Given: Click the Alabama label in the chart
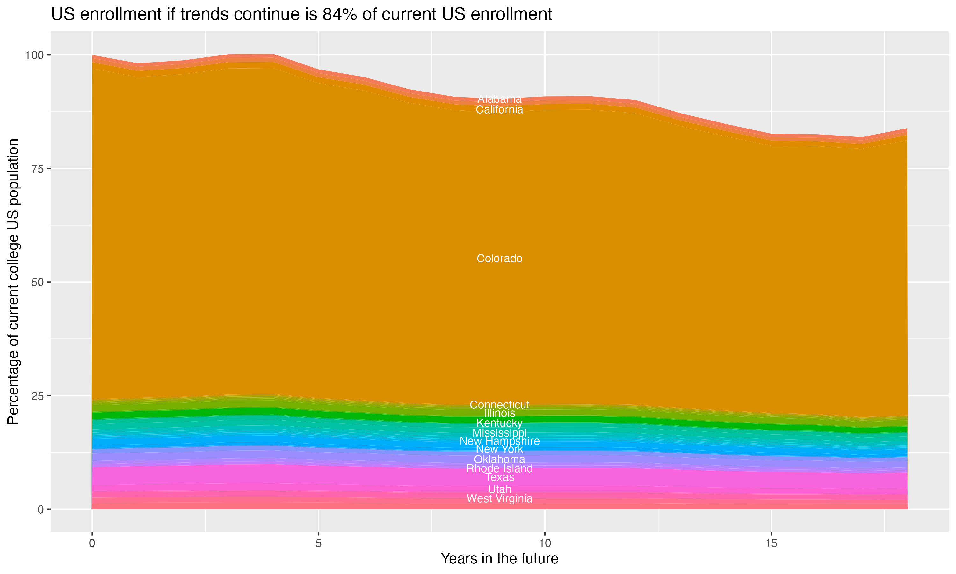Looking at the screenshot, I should pos(499,99).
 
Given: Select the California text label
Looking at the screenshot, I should pos(499,110).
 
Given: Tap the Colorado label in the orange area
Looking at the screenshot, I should pos(499,258).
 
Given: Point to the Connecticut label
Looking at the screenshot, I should pos(499,405).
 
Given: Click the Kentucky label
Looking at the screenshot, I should pos(499,423).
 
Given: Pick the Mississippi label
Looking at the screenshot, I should pos(499,433).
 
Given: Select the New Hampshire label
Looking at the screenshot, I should pos(499,441).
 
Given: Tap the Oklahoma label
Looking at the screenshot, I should pos(499,460).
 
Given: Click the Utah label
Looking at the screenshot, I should pos(499,489).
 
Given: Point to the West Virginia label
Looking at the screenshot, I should pos(499,498).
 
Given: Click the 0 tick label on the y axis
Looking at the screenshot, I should pos(40,509).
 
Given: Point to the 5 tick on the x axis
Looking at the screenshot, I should pos(318,543).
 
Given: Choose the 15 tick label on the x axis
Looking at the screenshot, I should pos(771,543).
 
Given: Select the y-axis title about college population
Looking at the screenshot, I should pos(13,282).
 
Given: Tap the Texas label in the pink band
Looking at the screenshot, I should pos(499,478).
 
